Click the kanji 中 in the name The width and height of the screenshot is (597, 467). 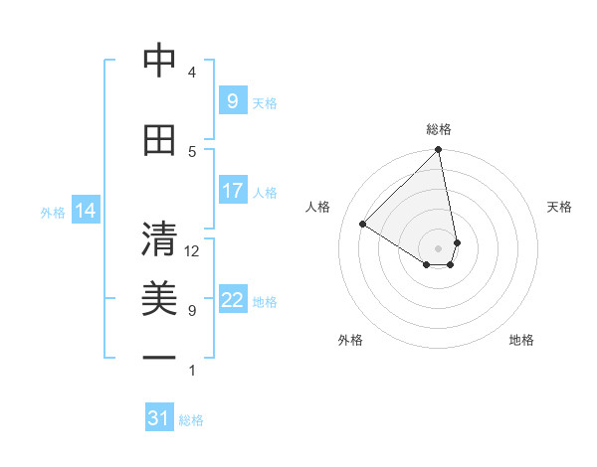click(x=159, y=61)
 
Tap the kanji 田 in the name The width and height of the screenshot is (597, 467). click(x=159, y=140)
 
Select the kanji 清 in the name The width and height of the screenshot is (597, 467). click(x=159, y=239)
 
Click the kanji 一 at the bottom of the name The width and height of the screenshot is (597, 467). click(x=159, y=357)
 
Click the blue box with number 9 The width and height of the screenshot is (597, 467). click(x=232, y=100)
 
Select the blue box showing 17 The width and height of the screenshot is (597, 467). click(x=232, y=191)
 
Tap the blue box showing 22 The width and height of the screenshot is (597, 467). click(x=232, y=300)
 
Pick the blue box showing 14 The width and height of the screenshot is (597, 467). click(x=86, y=210)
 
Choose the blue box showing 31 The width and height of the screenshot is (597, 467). click(x=159, y=418)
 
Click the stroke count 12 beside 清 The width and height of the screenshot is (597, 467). click(x=192, y=251)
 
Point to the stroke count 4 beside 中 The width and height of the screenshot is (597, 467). click(x=192, y=72)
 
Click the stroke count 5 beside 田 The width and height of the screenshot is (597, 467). click(x=192, y=151)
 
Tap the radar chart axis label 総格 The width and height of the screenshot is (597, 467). click(x=439, y=129)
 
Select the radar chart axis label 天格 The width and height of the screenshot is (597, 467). click(x=560, y=207)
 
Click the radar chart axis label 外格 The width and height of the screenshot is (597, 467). click(x=350, y=340)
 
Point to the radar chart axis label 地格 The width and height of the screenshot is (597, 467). click(x=521, y=340)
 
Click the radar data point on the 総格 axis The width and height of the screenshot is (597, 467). click(x=439, y=151)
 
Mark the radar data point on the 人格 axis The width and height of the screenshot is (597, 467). click(x=363, y=225)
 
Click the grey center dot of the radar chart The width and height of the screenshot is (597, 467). click(x=439, y=247)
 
